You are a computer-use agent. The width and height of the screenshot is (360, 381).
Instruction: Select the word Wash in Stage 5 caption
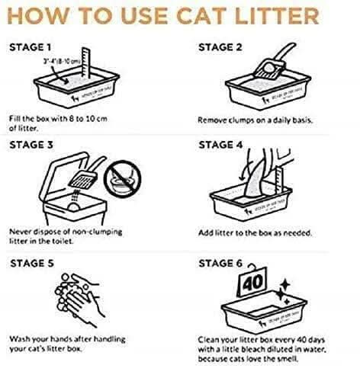(x=21, y=339)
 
